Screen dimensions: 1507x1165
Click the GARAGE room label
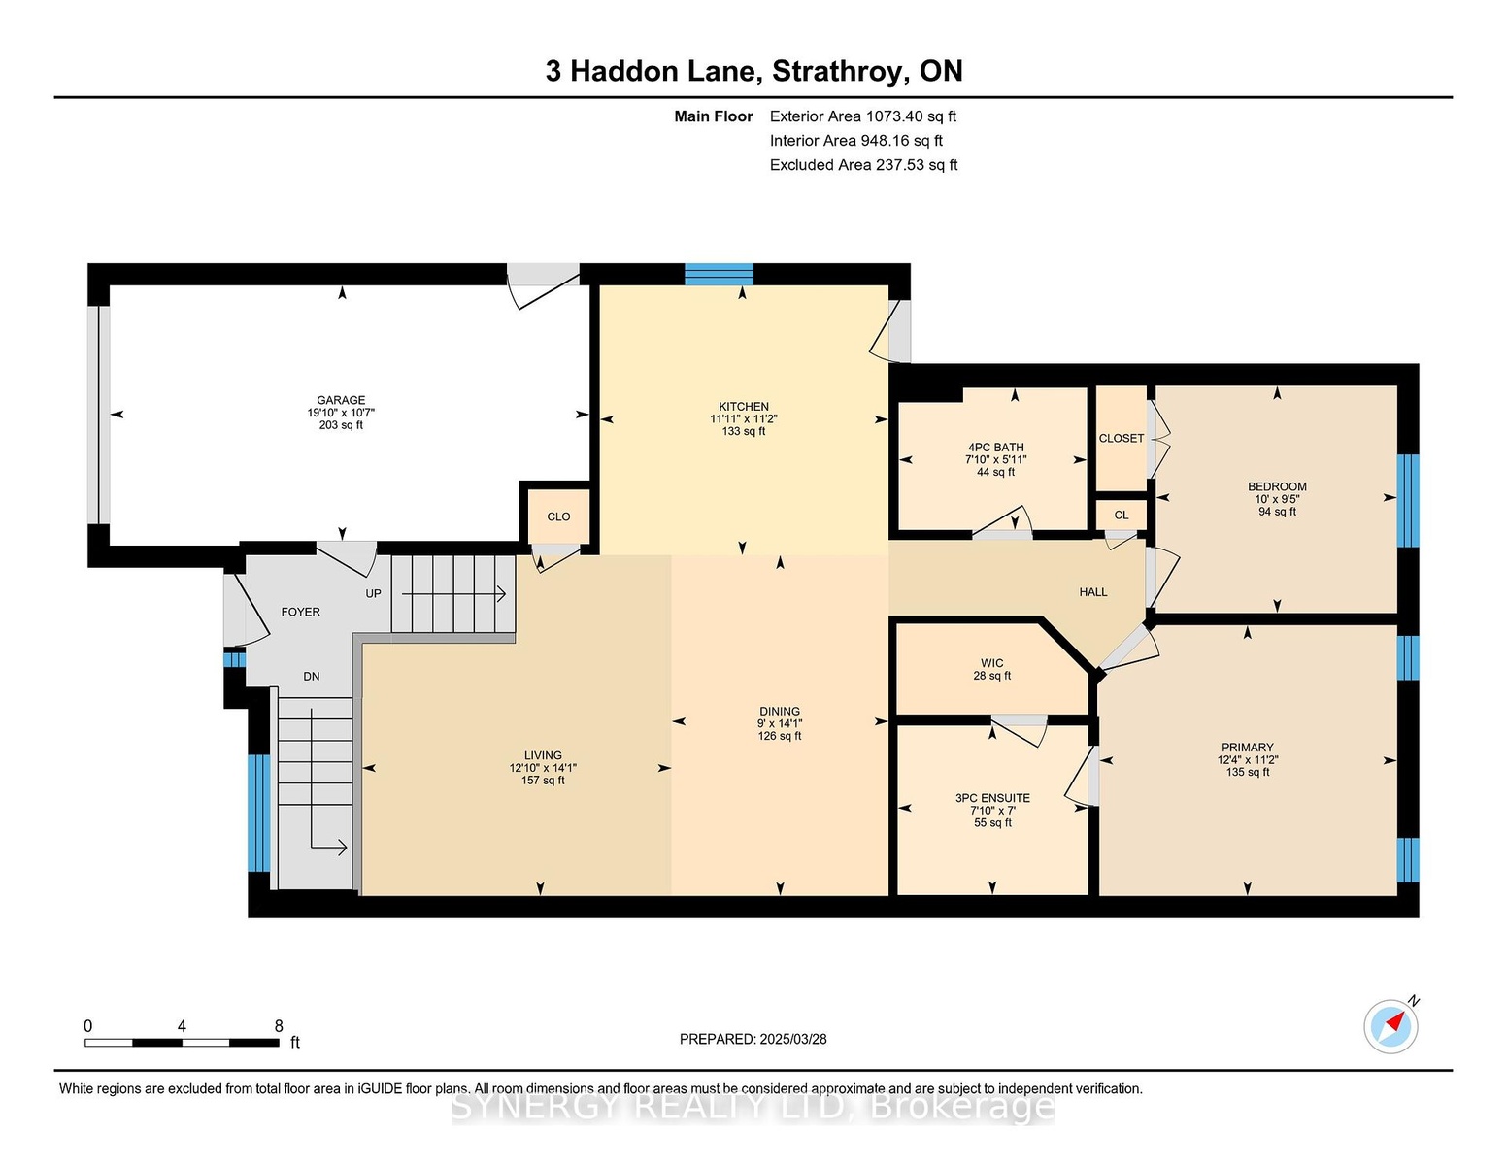[341, 400]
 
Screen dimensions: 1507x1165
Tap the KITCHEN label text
[744, 406]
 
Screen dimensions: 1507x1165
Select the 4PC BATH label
[995, 447]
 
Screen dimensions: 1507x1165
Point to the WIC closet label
[991, 663]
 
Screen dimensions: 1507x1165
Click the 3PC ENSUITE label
[992, 798]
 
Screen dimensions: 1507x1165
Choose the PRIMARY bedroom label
[1248, 748]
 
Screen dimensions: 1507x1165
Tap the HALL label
[1093, 592]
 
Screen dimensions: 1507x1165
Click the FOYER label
[300, 612]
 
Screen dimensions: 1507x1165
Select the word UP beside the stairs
[373, 594]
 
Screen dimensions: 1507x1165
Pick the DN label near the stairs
[312, 677]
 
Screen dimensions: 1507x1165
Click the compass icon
[1390, 1026]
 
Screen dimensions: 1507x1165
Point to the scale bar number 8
[279, 1026]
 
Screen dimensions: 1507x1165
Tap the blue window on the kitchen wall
[720, 275]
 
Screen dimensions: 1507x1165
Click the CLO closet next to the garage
[558, 516]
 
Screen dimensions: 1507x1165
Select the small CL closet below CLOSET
[1122, 515]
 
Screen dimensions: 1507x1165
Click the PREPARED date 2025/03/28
[793, 1039]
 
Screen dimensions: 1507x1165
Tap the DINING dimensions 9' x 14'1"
[780, 723]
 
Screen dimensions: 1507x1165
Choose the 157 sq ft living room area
[543, 781]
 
